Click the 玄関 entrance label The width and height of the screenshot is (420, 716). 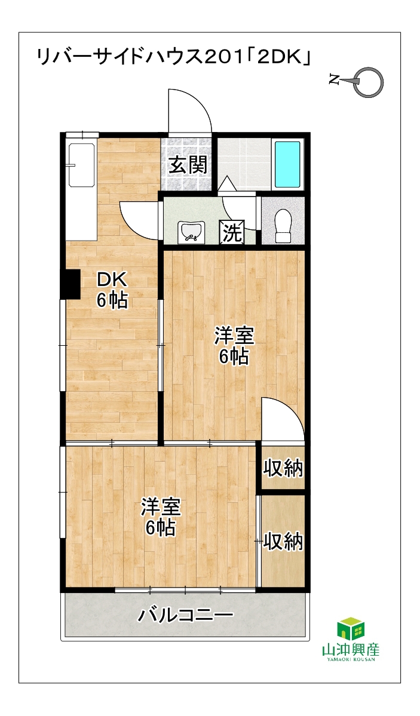(x=187, y=164)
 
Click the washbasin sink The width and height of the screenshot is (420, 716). (x=191, y=231)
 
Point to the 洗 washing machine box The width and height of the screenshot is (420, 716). (x=232, y=232)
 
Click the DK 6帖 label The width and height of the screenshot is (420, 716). (x=112, y=290)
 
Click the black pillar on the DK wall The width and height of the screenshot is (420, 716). (x=71, y=284)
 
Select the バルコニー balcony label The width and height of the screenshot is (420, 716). (x=185, y=614)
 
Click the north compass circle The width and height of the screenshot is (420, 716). (x=369, y=81)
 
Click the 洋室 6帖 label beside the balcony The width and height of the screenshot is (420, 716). (x=160, y=517)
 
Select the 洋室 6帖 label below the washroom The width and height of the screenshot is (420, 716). (x=234, y=346)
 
